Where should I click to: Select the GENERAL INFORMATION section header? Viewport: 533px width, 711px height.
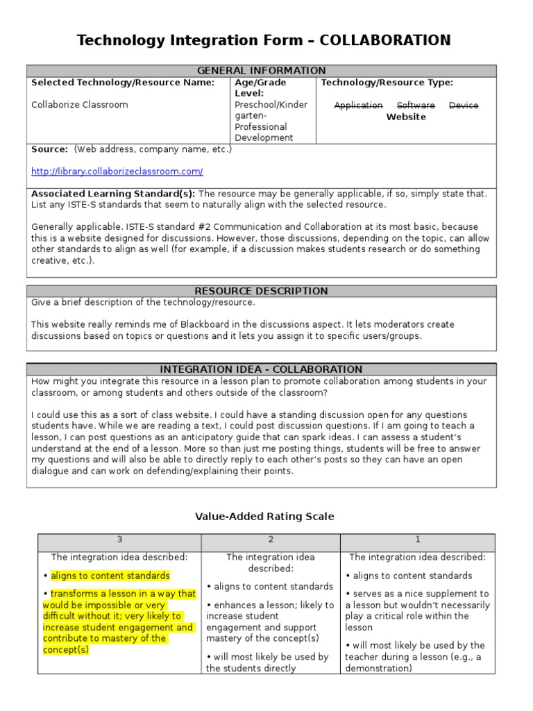(x=261, y=71)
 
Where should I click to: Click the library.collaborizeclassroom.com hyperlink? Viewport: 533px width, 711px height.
(x=117, y=171)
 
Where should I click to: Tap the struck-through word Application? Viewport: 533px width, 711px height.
(x=358, y=106)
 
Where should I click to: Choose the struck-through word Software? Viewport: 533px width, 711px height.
(x=416, y=106)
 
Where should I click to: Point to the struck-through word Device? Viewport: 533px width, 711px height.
(x=464, y=106)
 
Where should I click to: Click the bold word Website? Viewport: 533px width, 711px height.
(x=406, y=117)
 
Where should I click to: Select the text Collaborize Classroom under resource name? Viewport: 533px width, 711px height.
(x=79, y=105)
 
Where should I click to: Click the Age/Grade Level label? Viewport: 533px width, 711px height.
(x=260, y=87)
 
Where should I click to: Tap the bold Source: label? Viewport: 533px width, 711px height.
(x=50, y=149)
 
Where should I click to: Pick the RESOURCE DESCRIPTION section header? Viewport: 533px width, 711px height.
(x=261, y=291)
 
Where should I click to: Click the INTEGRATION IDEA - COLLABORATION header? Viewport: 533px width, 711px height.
(x=261, y=369)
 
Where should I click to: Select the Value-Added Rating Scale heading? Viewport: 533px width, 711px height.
(x=264, y=516)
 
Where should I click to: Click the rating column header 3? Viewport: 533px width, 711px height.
(x=119, y=540)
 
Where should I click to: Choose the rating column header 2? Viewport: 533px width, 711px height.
(x=271, y=540)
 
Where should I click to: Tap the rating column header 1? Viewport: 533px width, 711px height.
(x=418, y=540)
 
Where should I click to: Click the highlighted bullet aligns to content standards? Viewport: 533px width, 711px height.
(x=110, y=576)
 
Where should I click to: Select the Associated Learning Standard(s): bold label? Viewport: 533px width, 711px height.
(x=113, y=194)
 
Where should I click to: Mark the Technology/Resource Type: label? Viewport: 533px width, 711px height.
(x=387, y=83)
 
